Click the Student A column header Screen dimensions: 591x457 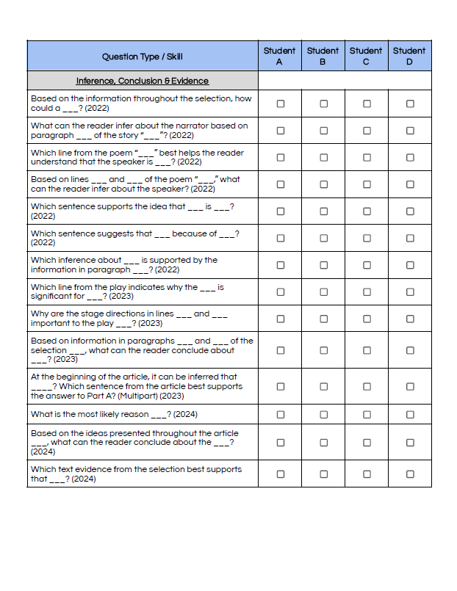click(279, 56)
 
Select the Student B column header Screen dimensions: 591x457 click(323, 56)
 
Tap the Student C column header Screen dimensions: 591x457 click(366, 56)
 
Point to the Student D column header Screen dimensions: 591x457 click(409, 56)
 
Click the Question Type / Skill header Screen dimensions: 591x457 click(143, 57)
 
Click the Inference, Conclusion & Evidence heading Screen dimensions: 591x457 click(143, 81)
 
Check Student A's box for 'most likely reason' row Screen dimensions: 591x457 click(280, 415)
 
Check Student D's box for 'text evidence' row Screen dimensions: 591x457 click(410, 474)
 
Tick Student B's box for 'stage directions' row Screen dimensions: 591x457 click(323, 319)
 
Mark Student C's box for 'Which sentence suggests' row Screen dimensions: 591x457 click(367, 238)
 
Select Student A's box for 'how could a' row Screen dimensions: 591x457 click(280, 104)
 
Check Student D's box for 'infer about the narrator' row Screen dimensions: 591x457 click(410, 131)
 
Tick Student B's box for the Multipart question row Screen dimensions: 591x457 click(323, 386)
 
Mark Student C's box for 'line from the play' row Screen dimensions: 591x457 click(367, 291)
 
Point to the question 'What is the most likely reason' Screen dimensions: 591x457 click(103, 415)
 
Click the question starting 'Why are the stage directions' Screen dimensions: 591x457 click(129, 319)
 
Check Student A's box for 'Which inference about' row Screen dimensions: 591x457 click(280, 265)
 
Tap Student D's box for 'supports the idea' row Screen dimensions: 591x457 click(410, 211)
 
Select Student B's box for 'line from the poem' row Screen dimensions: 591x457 click(323, 157)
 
